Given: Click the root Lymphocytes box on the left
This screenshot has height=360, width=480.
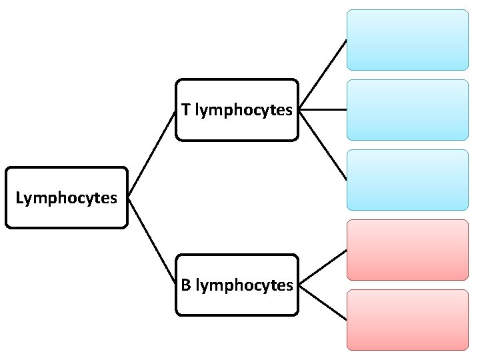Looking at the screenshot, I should coord(66,198).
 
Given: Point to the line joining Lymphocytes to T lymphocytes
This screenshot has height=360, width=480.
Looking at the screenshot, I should coord(151,154).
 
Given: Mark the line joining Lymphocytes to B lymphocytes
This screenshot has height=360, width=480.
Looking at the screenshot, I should coord(151,241).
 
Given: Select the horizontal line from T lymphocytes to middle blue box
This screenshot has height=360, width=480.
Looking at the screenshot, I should coord(323,109).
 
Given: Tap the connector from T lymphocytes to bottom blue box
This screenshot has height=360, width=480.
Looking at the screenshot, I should coord(323,145).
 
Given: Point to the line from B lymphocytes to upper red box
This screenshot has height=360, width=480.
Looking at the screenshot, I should coord(323,267).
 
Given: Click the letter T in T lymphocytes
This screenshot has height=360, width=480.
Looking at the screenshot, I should coord(185,110).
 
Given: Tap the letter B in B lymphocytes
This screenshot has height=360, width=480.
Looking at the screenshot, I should coord(186,285).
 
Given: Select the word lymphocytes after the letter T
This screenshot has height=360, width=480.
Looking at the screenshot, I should coord(243,111).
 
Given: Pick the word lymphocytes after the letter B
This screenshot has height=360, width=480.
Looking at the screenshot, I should coord(244,286).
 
